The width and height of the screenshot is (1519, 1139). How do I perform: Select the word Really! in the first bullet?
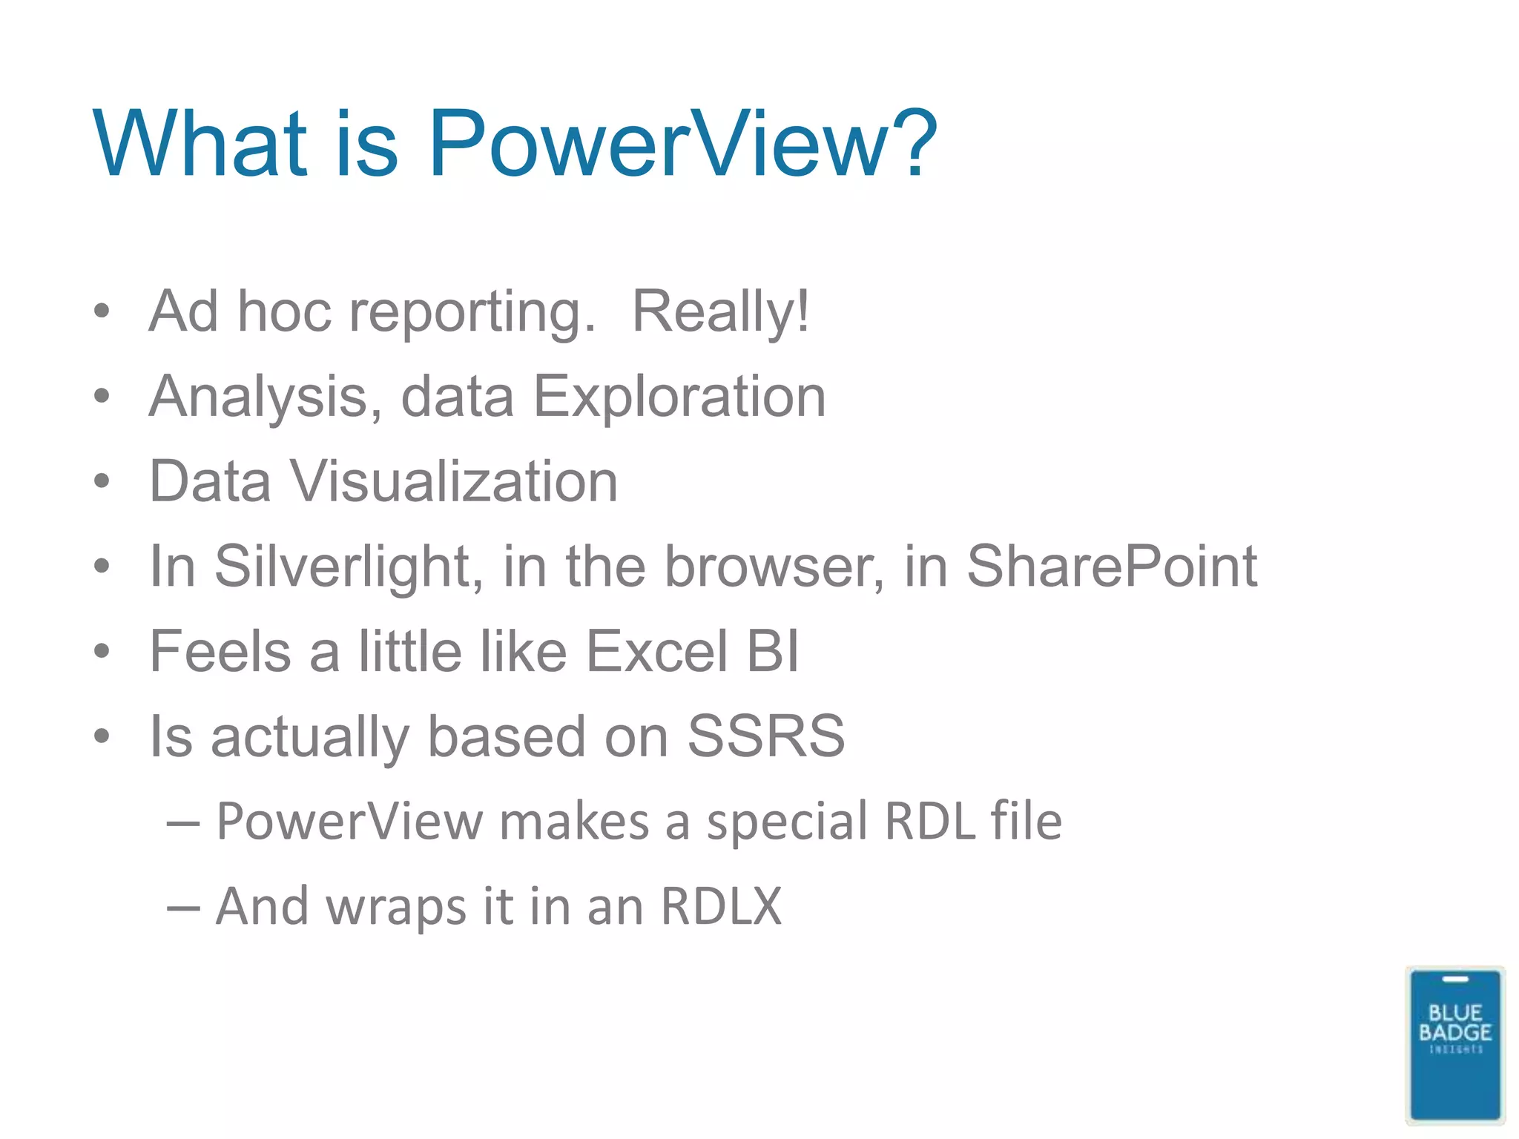point(720,311)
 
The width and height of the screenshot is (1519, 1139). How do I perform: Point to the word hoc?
point(283,311)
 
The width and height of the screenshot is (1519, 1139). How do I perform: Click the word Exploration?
point(679,396)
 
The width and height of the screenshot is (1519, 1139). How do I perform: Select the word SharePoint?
point(1111,567)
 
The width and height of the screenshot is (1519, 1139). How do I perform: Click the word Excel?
point(656,651)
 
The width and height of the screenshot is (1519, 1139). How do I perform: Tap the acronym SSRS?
point(765,736)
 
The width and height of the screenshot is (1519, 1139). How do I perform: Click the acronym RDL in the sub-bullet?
point(930,822)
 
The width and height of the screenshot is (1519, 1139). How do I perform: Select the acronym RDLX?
point(721,906)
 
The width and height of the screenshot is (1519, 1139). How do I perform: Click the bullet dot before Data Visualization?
point(102,481)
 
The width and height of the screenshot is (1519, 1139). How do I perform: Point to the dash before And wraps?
point(183,908)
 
